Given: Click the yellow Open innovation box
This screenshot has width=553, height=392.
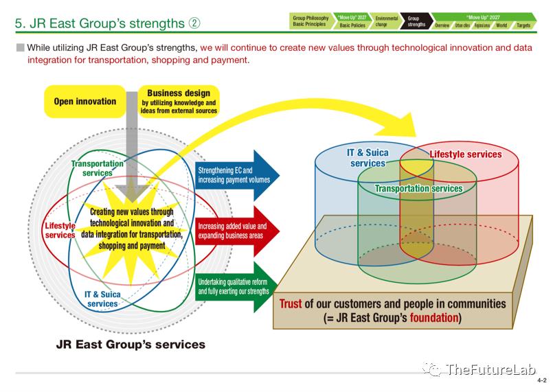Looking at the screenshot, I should pos(85,102).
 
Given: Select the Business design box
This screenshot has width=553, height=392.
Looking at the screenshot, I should pos(179,101).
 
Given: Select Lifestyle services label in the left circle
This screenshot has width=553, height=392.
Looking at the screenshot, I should pos(60,230).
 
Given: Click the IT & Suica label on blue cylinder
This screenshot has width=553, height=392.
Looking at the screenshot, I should pos(368,158).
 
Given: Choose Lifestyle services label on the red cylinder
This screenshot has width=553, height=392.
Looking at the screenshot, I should pos(466,154).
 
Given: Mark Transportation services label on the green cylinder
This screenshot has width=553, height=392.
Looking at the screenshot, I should pos(418,188).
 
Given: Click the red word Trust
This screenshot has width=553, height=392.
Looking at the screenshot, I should pos(291,303).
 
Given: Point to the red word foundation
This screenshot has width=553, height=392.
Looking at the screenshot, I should pos(435,318).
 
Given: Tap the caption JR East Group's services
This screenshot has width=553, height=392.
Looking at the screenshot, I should pos(130,344).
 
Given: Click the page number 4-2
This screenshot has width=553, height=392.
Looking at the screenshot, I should pos(541,380).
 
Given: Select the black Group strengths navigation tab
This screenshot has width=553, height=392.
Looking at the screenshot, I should pos(416,21).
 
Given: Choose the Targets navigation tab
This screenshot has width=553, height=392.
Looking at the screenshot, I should pos(523,25).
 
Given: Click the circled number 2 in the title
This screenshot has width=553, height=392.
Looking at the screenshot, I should pos(194,23).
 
